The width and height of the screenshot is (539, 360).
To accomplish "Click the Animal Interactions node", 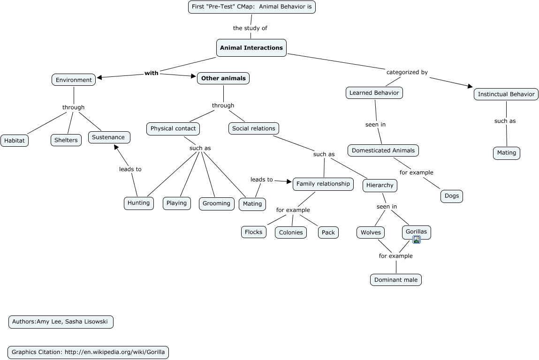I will (251, 48).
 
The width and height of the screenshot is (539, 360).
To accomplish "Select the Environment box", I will (74, 80).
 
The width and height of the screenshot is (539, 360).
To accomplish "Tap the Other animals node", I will (223, 78).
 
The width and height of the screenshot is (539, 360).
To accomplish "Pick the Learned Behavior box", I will (374, 93).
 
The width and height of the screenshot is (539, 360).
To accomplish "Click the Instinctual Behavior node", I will (506, 94).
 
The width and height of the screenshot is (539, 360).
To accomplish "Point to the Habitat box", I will (15, 141).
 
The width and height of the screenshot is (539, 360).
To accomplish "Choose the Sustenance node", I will (108, 137).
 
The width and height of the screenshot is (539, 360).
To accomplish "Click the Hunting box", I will (139, 203).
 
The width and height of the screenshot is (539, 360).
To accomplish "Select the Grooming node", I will (216, 203).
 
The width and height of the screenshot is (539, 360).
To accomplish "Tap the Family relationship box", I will (323, 184).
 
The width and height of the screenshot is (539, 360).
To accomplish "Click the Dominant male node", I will (396, 280).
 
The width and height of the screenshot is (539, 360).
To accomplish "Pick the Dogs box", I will (452, 196).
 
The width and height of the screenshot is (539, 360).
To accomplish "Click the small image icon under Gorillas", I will (417, 240).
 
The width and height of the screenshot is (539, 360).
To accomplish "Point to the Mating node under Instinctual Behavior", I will (507, 153).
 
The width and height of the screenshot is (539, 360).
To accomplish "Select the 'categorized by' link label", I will (407, 72).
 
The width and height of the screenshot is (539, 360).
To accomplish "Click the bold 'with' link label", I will (152, 73).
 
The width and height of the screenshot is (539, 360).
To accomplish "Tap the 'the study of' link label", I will (250, 28).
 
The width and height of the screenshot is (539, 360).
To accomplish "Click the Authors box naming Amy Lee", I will (61, 322).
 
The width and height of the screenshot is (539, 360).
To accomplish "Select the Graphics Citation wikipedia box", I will (88, 352).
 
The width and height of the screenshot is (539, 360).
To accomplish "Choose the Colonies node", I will (291, 232).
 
